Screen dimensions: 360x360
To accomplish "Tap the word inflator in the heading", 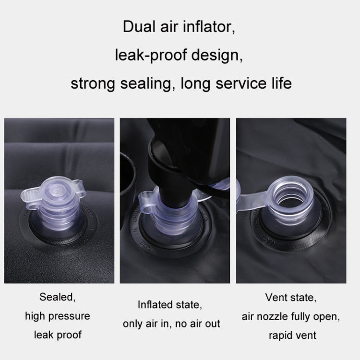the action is pyautogui.click(x=209, y=27).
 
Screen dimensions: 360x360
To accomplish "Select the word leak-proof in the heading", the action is pyautogui.click(x=151, y=56).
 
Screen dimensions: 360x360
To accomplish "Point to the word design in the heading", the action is pyautogui.click(x=217, y=56).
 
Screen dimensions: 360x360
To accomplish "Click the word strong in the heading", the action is pyautogui.click(x=93, y=84).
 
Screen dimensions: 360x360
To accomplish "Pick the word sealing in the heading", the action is pyautogui.click(x=146, y=84).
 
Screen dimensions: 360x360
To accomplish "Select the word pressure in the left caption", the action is pyautogui.click(x=69, y=317).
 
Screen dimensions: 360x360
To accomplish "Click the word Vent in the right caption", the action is pyautogui.click(x=275, y=298).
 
